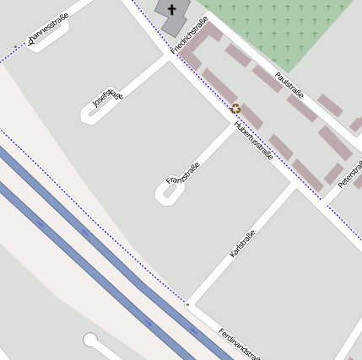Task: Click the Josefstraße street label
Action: coord(108,99)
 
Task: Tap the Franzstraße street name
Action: coord(182,173)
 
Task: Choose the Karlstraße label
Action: coord(241,238)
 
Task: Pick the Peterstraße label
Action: coord(349,173)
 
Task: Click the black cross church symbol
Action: coord(173,10)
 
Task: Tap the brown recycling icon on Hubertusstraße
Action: coord(235,108)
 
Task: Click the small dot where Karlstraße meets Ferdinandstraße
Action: coord(187,304)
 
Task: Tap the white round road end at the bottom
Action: coord(90,340)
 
